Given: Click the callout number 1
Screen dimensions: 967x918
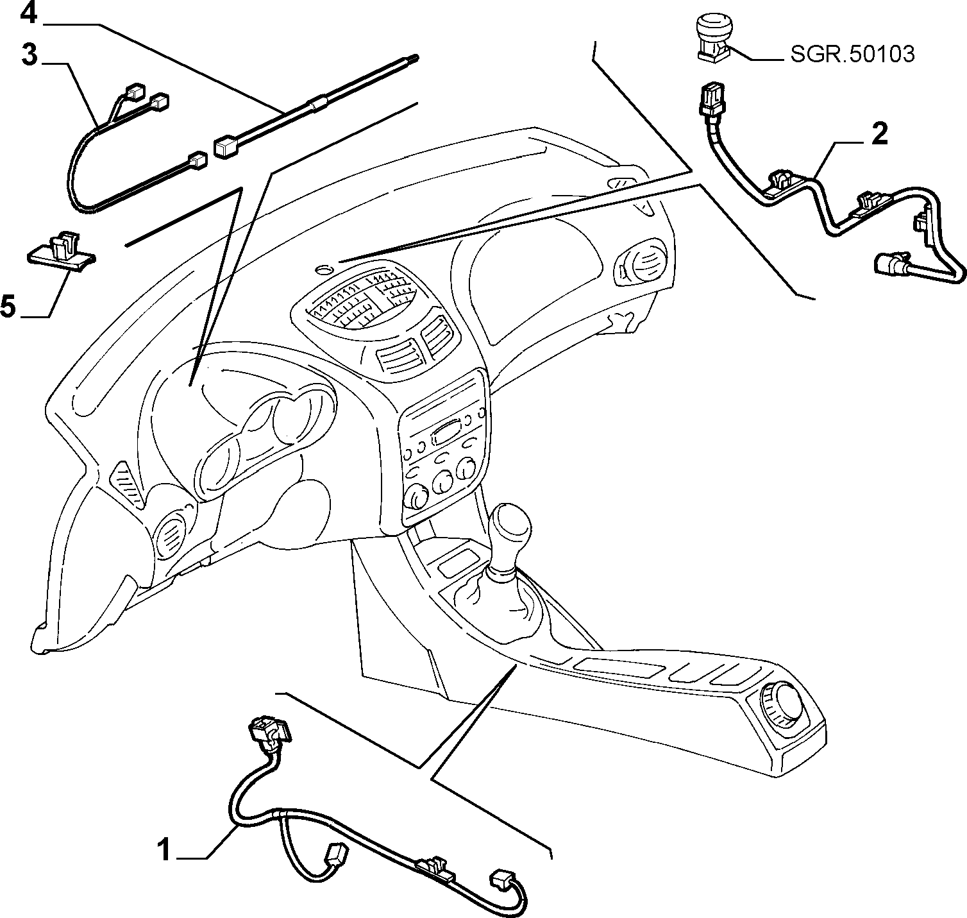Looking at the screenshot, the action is pos(165,851).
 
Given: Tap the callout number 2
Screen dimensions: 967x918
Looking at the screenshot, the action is pos(879,134).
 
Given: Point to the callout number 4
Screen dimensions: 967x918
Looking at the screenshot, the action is pos(29,13).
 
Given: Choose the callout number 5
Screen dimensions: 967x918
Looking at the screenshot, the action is pos(8,306).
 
